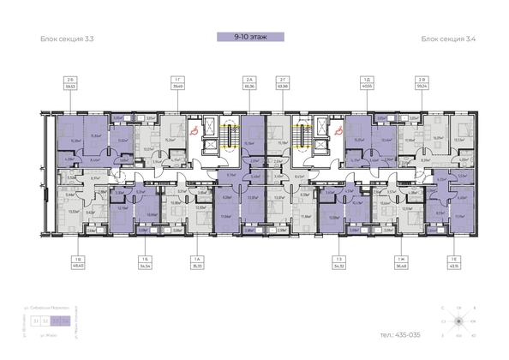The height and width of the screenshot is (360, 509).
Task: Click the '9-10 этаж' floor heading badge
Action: [x=254, y=37]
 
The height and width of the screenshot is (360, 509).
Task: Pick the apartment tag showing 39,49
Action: [x=177, y=84]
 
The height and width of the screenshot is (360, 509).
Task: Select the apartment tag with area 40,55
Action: [x=366, y=84]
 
